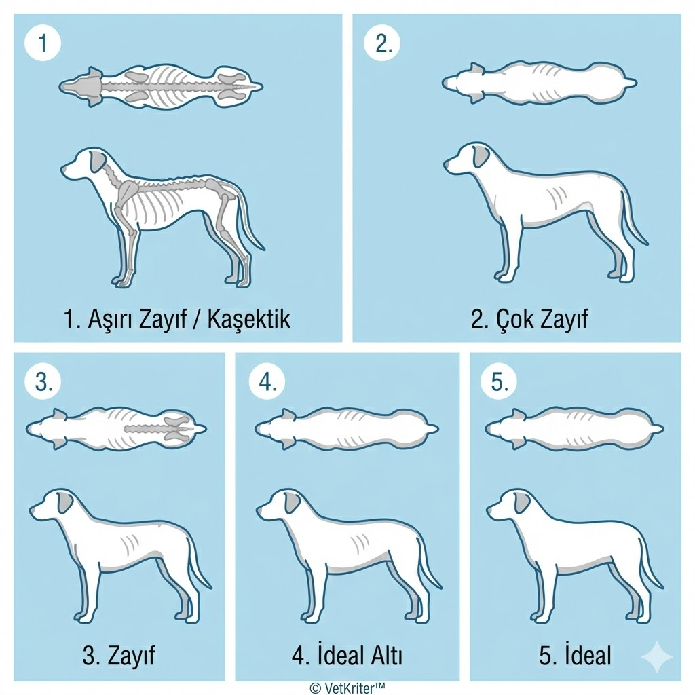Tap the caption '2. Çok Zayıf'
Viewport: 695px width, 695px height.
(x=529, y=318)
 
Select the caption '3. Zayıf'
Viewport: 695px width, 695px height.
(x=119, y=656)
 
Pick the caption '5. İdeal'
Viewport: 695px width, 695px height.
(x=575, y=656)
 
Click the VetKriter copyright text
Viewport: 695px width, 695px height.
(x=347, y=687)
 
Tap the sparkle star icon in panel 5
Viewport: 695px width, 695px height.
(x=657, y=656)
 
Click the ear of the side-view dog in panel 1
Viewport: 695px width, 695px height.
(x=99, y=162)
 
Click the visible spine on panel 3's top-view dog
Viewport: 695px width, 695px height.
(x=159, y=429)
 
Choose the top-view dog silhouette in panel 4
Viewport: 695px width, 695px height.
(x=346, y=429)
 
